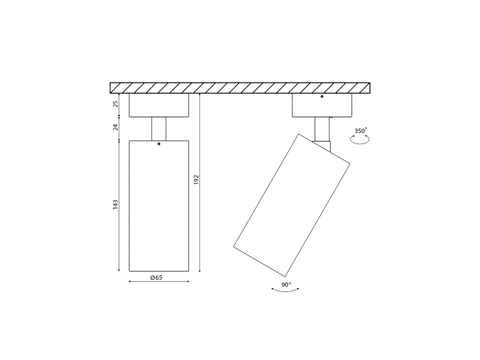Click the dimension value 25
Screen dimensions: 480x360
point(115,104)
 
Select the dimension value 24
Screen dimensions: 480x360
point(115,127)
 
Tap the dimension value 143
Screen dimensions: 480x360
point(115,204)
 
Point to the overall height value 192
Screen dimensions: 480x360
point(196,179)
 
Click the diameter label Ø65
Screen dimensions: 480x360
point(156,277)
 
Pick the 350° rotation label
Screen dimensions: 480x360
point(360,131)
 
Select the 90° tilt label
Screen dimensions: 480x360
point(286,284)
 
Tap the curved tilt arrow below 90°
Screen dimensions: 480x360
point(285,290)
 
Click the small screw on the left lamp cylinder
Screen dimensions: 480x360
point(159,143)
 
